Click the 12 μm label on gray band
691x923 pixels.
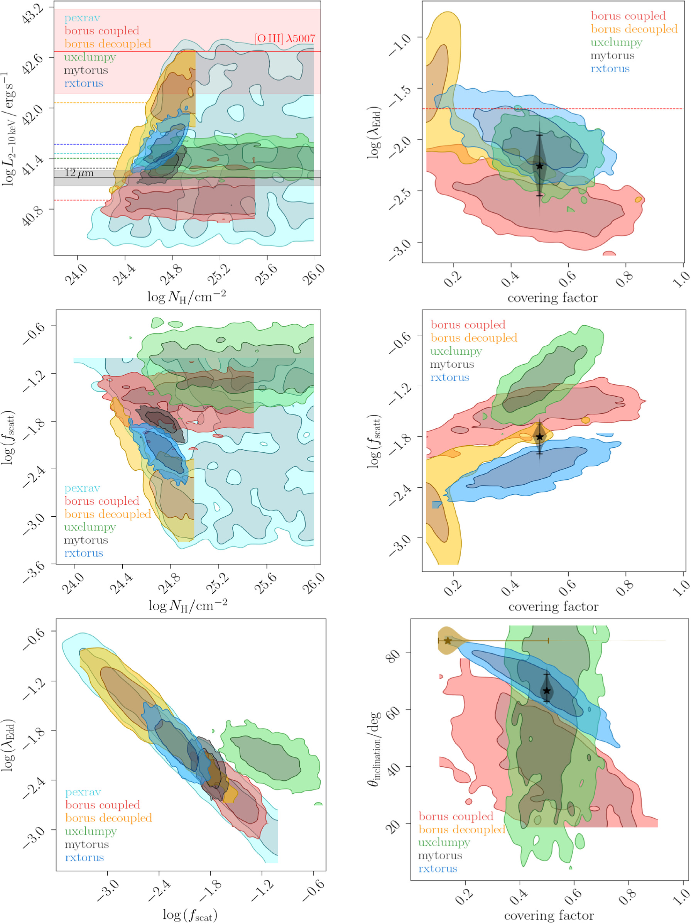(x=79, y=173)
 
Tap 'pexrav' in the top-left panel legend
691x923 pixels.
(x=82, y=18)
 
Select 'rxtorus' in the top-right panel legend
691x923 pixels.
(x=610, y=69)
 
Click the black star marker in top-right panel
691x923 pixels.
(x=539, y=166)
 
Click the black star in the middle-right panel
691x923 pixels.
(x=539, y=437)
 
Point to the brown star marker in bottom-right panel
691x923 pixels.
(x=448, y=641)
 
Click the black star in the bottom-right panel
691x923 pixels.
(x=547, y=691)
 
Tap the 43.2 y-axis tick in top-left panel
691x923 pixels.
(x=31, y=15)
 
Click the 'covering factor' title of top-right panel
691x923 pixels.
(x=552, y=298)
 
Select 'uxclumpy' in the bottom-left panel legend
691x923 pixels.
(x=91, y=831)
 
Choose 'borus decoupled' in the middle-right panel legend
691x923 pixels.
(x=474, y=338)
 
